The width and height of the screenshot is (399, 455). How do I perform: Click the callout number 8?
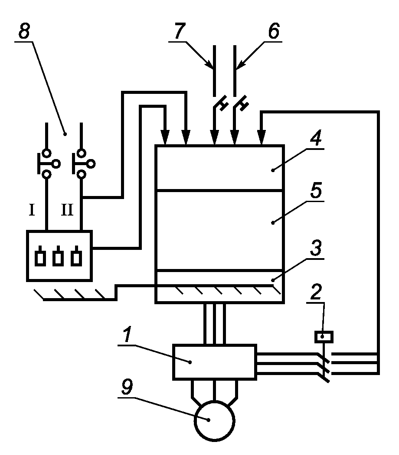[24, 31]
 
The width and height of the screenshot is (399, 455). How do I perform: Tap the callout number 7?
[180, 31]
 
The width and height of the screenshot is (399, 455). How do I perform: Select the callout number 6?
[274, 31]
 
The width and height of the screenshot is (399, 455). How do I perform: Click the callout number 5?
[316, 190]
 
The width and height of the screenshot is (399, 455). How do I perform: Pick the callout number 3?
[316, 248]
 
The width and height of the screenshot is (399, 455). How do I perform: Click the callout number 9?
[127, 387]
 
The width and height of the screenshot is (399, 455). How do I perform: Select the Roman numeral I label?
[32, 210]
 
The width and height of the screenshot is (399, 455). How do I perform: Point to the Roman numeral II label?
[67, 210]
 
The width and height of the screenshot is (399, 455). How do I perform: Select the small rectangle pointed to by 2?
[324, 337]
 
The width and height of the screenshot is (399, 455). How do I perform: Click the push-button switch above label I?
[48, 164]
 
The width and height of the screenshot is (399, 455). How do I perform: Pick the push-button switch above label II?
[83, 164]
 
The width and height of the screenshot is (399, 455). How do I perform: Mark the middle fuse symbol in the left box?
[58, 256]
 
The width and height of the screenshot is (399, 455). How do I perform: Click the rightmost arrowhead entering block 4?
[262, 137]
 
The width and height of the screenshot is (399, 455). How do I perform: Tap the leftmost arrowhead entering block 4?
[165, 137]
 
